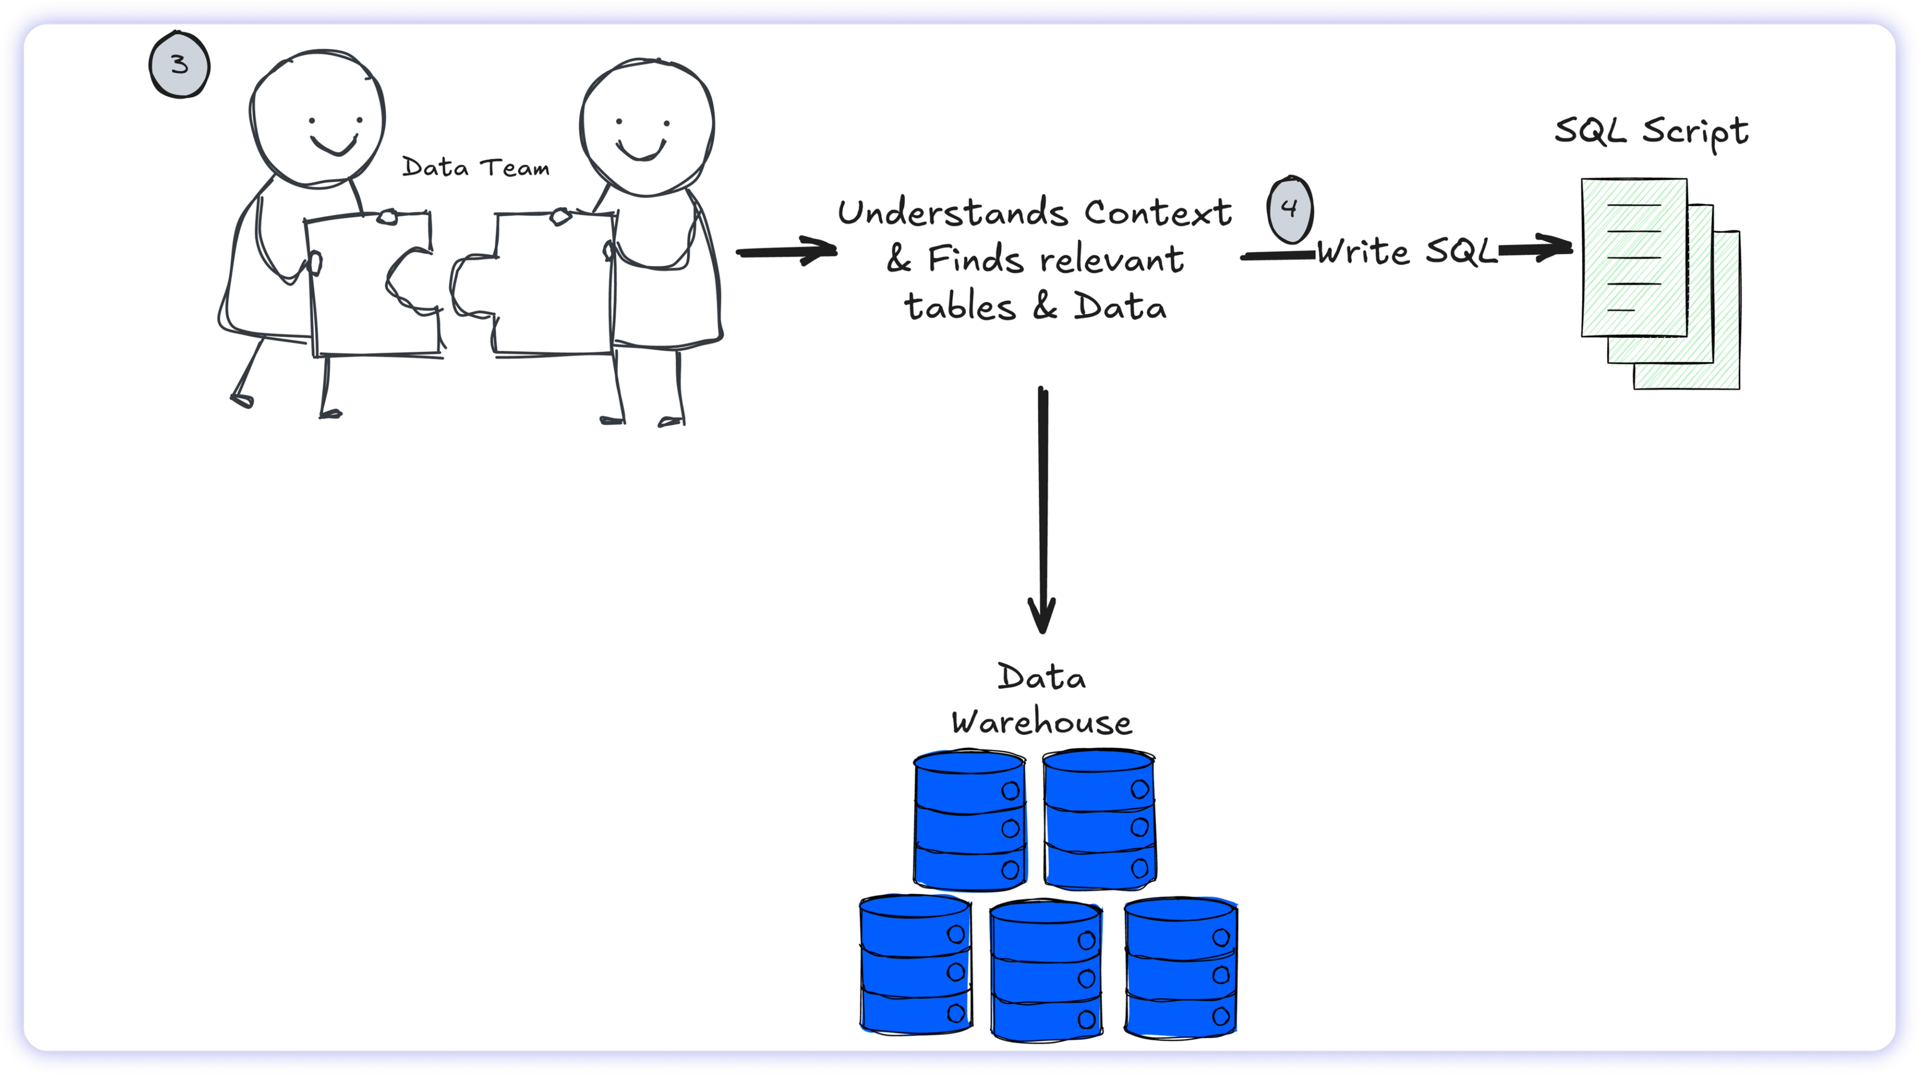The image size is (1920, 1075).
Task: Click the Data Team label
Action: [475, 168]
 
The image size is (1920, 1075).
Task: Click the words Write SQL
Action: [1406, 252]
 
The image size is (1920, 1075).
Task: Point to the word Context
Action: [1157, 213]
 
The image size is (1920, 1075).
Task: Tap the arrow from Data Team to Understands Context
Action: [786, 251]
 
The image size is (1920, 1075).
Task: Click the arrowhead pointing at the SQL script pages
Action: [1554, 248]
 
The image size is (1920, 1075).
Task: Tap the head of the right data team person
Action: [647, 127]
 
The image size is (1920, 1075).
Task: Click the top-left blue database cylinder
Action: [969, 820]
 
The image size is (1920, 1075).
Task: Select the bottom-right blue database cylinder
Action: [1180, 967]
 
